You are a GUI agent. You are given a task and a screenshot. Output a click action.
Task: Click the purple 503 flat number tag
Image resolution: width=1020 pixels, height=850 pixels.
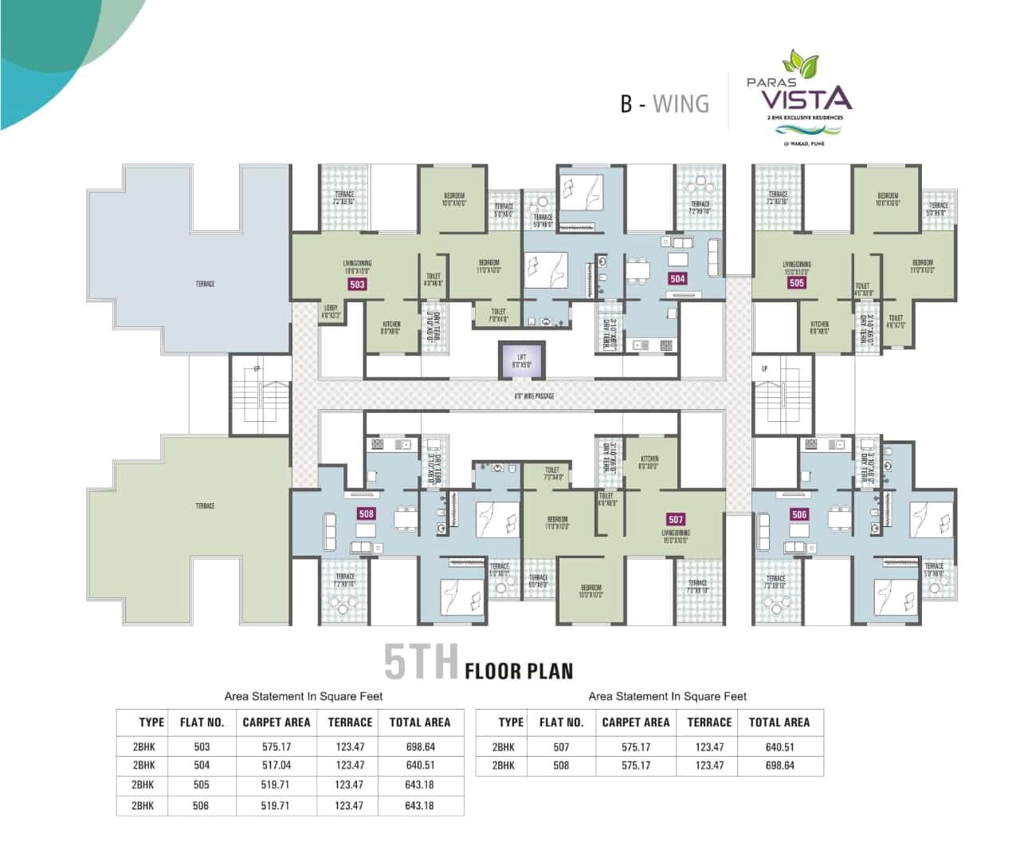point(357,284)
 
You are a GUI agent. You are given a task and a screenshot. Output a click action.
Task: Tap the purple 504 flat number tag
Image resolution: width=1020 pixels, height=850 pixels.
point(677,278)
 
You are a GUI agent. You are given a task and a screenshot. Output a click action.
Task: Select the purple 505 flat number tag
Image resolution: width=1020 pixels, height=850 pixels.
point(796,282)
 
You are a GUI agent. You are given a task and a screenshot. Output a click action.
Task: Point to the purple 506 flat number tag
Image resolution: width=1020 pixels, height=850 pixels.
point(799,514)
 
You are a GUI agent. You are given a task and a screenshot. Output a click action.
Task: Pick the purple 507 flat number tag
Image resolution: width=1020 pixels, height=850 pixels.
point(676,520)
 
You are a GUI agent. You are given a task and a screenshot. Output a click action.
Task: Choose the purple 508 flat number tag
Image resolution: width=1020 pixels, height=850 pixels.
point(366,514)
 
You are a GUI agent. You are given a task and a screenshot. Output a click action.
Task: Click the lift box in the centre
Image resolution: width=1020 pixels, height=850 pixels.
point(520,360)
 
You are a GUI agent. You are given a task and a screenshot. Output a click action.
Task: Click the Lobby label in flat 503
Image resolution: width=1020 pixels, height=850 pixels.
point(331,312)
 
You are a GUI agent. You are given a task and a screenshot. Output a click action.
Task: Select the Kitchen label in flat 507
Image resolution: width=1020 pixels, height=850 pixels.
point(649,462)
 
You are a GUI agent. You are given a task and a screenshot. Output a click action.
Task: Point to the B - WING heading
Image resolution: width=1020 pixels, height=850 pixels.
point(665,104)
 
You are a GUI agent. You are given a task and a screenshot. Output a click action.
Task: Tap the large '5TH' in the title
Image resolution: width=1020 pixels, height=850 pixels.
point(421,662)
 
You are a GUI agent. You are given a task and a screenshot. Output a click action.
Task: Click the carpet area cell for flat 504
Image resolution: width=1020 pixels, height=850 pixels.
point(276,765)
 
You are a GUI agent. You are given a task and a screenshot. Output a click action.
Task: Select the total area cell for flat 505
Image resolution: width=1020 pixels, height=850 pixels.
point(419,785)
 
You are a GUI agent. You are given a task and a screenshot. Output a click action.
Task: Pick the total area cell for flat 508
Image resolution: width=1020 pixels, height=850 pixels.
point(779,765)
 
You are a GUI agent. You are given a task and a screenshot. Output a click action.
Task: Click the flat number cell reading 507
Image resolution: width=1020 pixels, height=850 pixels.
point(561,747)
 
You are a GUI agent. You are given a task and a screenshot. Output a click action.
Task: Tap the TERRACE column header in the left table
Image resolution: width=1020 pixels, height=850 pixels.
point(350,722)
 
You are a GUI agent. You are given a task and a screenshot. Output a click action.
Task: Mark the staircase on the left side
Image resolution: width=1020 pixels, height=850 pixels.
point(260,395)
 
